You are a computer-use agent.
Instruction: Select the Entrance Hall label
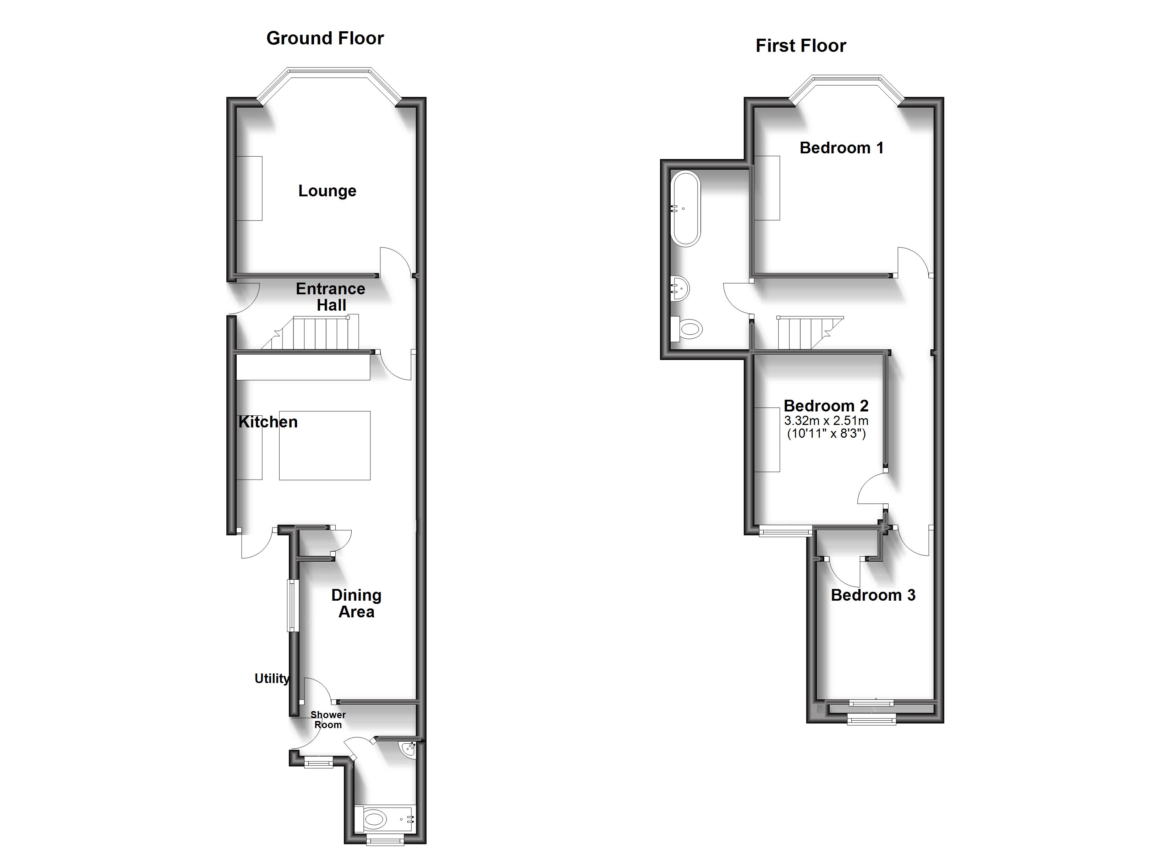pos(330,296)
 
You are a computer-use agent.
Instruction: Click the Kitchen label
pos(268,422)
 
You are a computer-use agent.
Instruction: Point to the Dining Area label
pos(356,603)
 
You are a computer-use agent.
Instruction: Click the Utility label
pos(271,678)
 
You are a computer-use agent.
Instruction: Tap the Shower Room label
pos(328,720)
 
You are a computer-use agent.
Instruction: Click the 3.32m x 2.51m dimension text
pos(826,421)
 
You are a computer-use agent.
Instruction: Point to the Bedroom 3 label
pos(873,595)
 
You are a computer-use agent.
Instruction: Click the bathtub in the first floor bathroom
pos(685,209)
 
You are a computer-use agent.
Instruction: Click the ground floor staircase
pos(320,334)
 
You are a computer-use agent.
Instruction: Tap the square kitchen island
pos(324,446)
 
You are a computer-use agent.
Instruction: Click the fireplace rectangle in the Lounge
pos(249,189)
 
